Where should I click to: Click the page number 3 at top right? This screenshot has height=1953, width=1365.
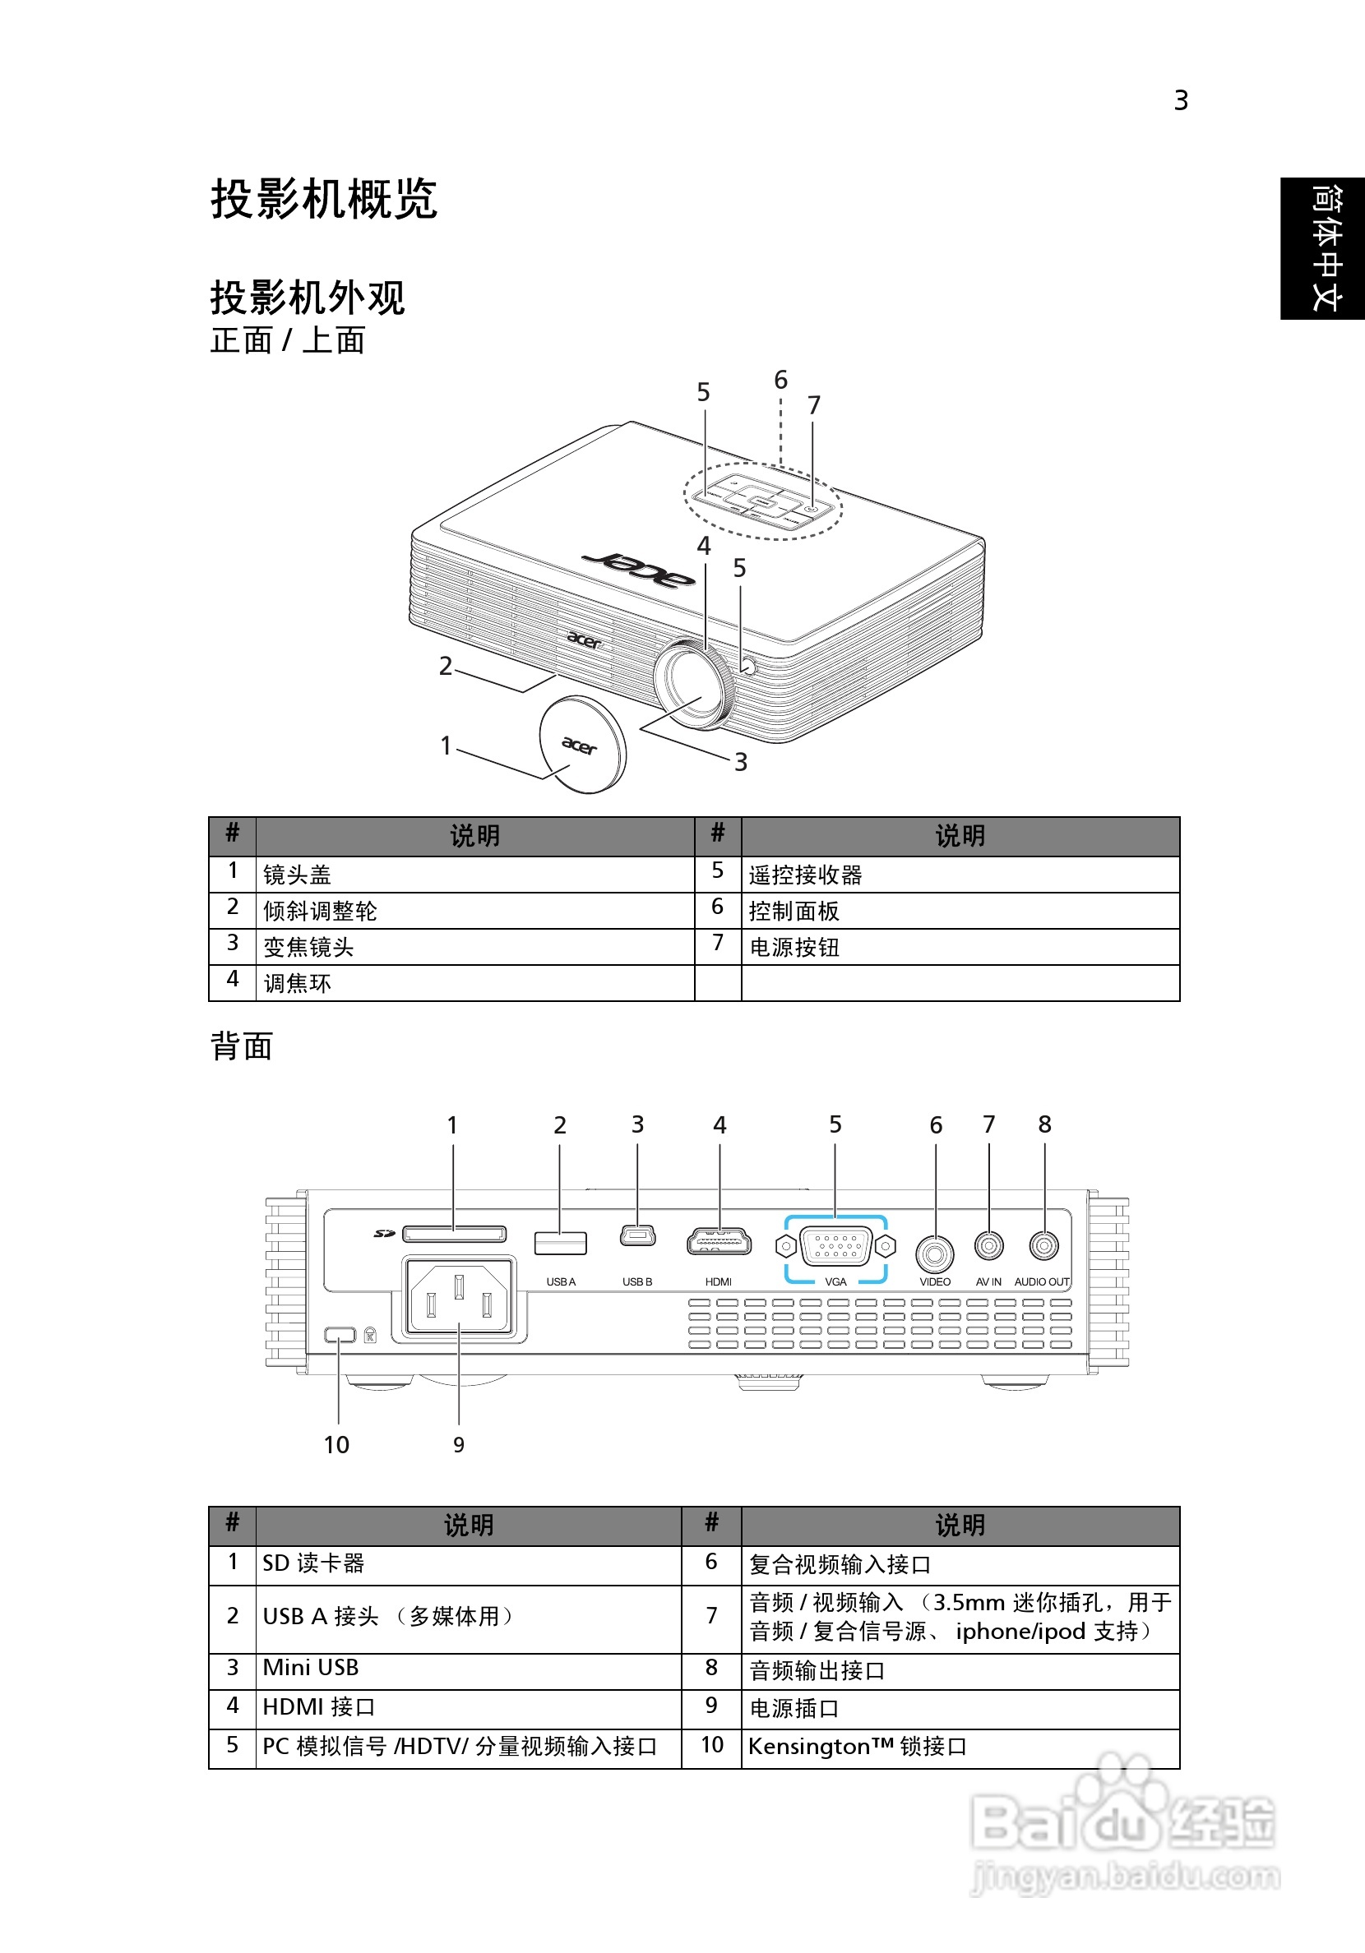coord(1180,100)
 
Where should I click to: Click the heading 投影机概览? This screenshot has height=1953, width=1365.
coord(323,199)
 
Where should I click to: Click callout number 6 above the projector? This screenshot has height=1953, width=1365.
coord(780,381)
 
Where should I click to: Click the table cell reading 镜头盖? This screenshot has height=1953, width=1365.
coord(297,875)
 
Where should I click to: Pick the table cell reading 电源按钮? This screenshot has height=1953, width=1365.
coord(794,947)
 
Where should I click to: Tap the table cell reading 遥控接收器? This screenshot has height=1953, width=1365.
coord(805,875)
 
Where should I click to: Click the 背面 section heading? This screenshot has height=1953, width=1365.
coord(242,1046)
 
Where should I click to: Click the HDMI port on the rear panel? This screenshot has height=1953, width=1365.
coord(720,1243)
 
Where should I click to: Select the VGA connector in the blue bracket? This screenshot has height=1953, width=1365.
coord(835,1246)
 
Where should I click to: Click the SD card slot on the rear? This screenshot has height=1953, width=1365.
coord(454,1234)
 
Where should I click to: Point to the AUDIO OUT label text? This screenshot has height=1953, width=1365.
coord(1041,1282)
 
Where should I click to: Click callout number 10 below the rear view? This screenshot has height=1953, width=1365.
coord(336,1444)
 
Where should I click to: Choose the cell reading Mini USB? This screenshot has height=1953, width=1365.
coord(311,1667)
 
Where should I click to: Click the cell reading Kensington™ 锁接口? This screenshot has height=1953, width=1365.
coord(857,1747)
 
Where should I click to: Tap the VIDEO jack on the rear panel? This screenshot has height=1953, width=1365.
coord(934,1253)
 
